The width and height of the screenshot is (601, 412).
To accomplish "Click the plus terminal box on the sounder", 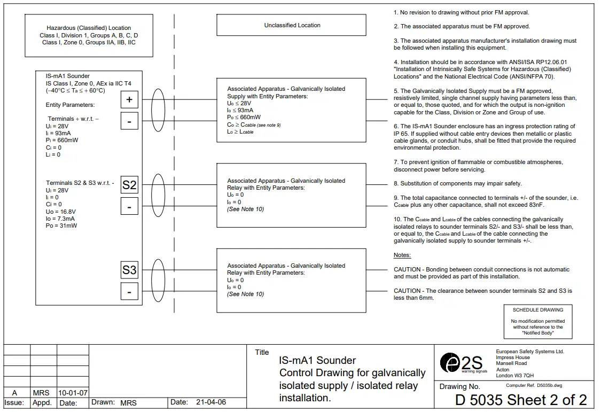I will click(x=129, y=100).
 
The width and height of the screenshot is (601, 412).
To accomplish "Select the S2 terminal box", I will click(x=129, y=185).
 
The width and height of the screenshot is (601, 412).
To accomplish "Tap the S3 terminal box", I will click(x=129, y=270).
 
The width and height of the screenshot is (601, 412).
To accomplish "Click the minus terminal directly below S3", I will click(x=129, y=291).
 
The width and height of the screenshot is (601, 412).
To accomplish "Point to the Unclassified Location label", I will click(x=292, y=25).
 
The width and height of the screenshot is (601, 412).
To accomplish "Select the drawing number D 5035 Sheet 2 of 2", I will click(x=521, y=400).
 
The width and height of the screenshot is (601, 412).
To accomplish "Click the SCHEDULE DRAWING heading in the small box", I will click(x=538, y=310).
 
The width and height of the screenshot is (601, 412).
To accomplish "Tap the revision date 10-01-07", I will click(x=73, y=393).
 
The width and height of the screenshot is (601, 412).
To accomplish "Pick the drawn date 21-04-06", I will click(x=211, y=402).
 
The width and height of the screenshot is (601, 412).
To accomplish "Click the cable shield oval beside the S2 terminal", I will click(x=159, y=195).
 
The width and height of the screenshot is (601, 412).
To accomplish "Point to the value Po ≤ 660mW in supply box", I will click(x=244, y=117).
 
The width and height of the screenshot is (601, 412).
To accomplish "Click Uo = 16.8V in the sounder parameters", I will click(x=62, y=211).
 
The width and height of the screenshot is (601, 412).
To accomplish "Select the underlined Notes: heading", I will click(x=402, y=255).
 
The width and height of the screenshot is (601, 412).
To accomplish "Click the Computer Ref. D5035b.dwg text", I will click(x=534, y=385).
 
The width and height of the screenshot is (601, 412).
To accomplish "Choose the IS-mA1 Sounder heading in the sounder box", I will click(x=68, y=76).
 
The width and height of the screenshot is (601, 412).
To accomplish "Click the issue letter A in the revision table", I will click(x=14, y=393).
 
